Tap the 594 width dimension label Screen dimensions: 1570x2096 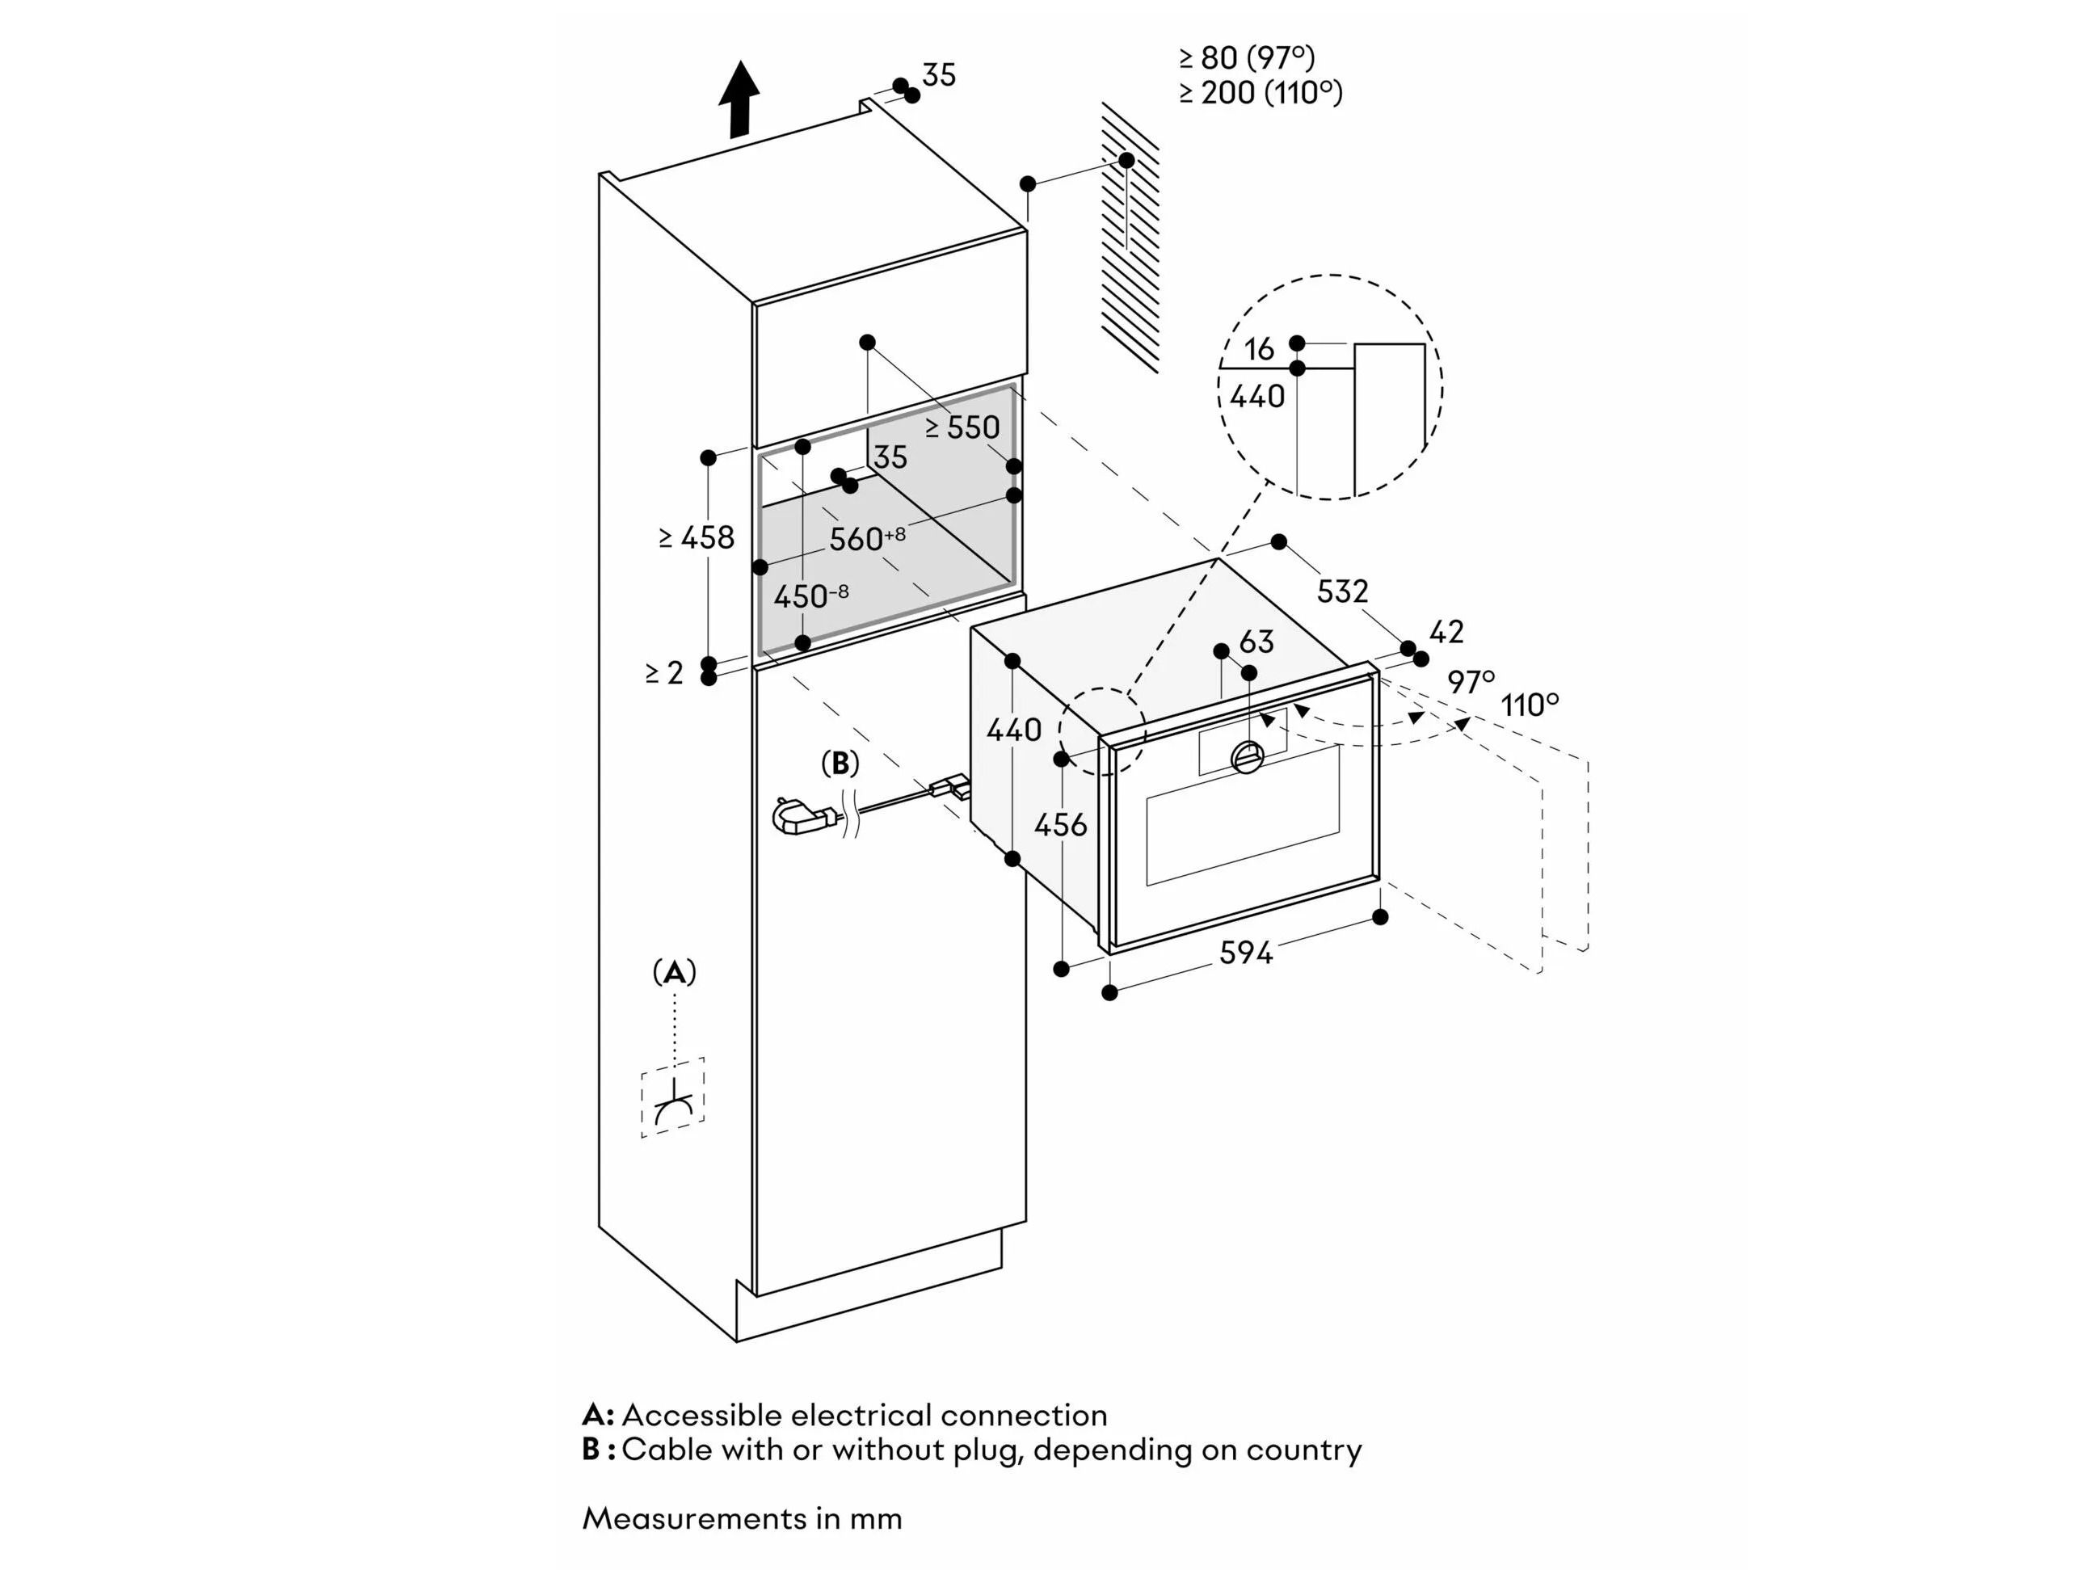click(x=1245, y=952)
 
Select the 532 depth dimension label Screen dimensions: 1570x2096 click(x=1343, y=591)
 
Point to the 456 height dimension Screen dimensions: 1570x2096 click(x=1060, y=824)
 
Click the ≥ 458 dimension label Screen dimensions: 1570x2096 click(x=697, y=537)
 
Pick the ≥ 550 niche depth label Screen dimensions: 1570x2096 click(x=962, y=427)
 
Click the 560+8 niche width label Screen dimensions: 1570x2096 click(x=866, y=538)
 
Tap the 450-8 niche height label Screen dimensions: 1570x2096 click(x=810, y=597)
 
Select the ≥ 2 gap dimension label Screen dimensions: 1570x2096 click(x=664, y=673)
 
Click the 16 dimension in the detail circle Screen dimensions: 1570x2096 click(x=1258, y=349)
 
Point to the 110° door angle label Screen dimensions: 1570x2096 click(x=1530, y=705)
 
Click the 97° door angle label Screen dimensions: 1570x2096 click(x=1471, y=681)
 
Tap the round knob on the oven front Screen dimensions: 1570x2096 click(x=1247, y=756)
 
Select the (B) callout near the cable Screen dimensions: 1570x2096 click(x=840, y=763)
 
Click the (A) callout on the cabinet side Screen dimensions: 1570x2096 click(x=674, y=972)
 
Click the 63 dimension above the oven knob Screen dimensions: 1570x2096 click(x=1256, y=642)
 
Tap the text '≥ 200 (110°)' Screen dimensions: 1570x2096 click(x=1261, y=93)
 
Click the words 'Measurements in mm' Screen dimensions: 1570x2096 click(x=742, y=1518)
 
